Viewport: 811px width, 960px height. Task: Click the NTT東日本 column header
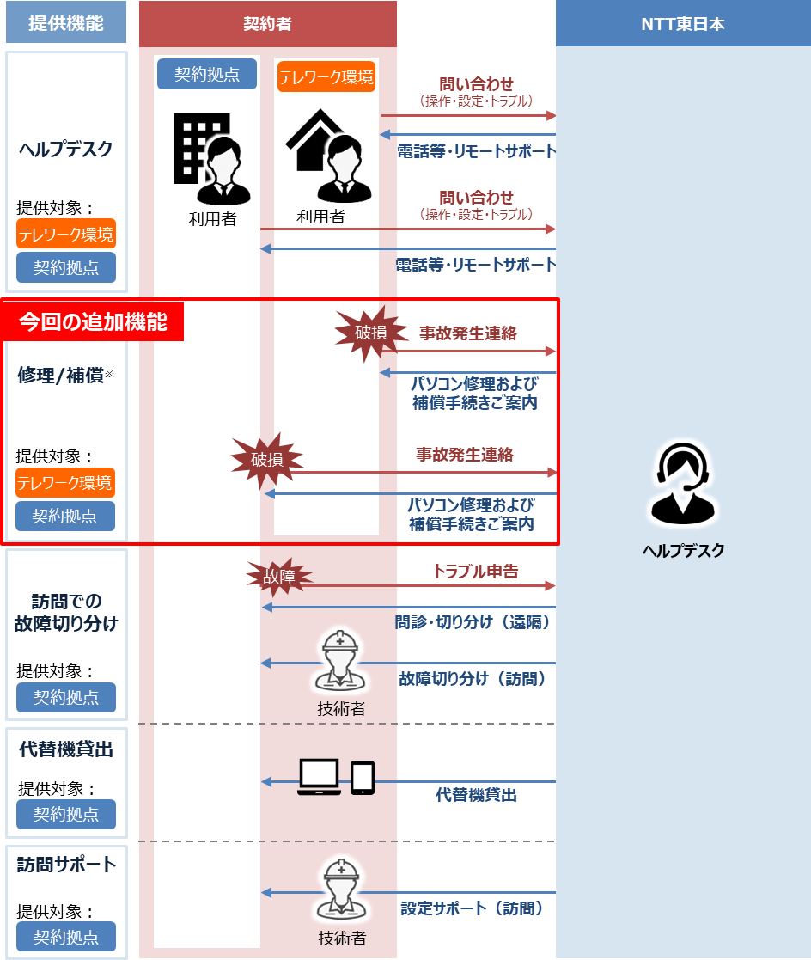[683, 23]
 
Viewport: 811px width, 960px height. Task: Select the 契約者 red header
[267, 24]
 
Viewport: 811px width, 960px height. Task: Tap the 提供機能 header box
[66, 22]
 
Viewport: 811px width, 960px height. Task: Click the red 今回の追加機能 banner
[93, 321]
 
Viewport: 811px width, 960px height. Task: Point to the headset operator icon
[682, 484]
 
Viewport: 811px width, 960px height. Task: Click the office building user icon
[212, 159]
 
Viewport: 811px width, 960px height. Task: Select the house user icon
[329, 156]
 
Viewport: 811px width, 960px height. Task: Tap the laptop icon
[319, 777]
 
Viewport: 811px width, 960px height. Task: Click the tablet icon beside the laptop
[363, 778]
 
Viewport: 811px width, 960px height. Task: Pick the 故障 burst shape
[279, 577]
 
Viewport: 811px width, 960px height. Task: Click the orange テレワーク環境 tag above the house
[326, 76]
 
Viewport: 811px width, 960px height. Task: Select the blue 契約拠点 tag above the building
[207, 74]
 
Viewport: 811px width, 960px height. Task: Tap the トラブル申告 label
[476, 572]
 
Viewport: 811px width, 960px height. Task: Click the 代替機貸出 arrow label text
[476, 795]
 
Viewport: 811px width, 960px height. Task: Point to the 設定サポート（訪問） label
[472, 908]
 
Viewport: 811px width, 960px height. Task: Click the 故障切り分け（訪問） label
[473, 678]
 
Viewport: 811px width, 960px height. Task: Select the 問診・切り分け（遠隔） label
[473, 622]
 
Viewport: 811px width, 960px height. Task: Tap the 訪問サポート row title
[66, 865]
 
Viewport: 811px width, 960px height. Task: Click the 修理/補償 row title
[65, 376]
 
